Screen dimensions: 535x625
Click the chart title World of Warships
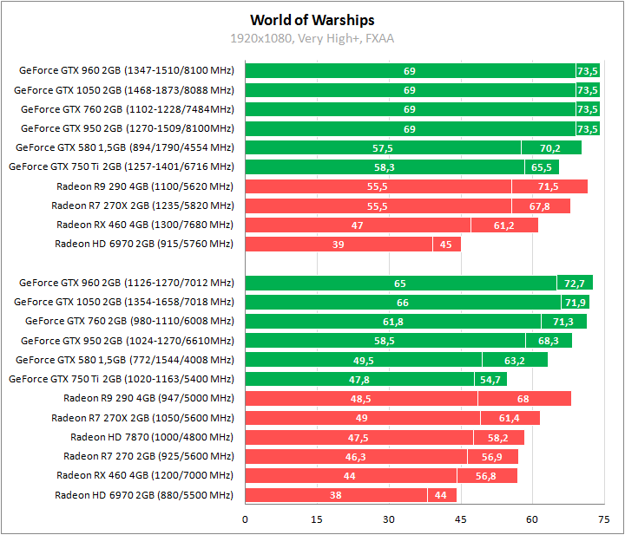[312, 20]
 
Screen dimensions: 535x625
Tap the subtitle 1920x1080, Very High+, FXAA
[312, 38]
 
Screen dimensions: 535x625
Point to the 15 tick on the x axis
[317, 519]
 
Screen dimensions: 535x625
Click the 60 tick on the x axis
[531, 519]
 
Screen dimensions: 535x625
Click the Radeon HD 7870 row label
[152, 437]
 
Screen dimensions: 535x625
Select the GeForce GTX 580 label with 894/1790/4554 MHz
[125, 147]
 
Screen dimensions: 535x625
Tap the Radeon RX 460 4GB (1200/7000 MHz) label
[145, 475]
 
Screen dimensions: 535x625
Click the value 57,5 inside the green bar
[383, 148]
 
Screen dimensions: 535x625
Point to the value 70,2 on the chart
[550, 148]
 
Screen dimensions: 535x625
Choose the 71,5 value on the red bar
[549, 186]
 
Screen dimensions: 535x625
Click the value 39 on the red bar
[339, 245]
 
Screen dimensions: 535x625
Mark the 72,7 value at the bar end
[575, 284]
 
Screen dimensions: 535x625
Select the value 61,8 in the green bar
[393, 322]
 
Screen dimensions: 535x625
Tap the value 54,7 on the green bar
[490, 380]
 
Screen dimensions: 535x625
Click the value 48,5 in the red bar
[361, 399]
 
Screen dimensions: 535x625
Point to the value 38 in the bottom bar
[336, 495]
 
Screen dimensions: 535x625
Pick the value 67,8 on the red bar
[539, 206]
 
